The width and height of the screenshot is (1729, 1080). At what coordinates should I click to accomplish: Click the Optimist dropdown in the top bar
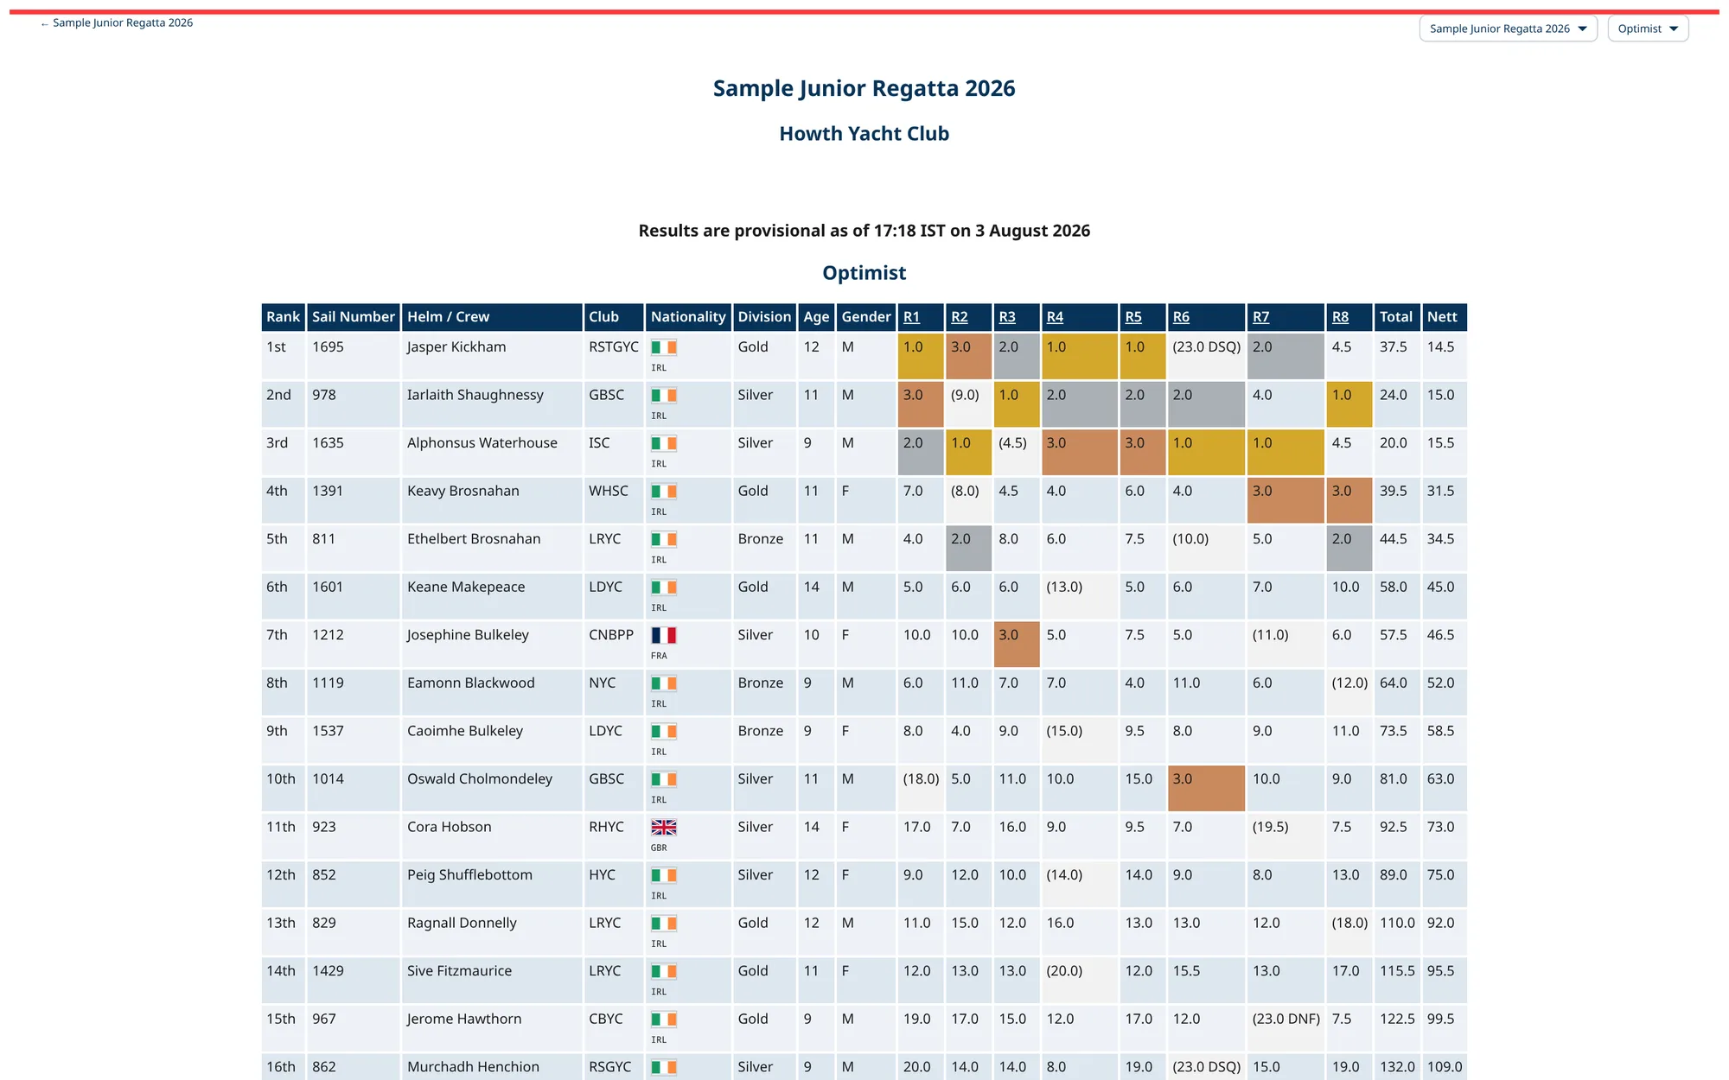1648,29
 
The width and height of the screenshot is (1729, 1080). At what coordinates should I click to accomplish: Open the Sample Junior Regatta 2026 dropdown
1508,29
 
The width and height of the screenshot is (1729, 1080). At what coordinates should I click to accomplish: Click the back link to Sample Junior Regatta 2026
117,23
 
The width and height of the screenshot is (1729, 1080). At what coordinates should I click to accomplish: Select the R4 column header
1055,317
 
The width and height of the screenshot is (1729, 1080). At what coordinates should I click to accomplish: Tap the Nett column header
1442,317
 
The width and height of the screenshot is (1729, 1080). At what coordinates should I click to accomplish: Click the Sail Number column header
354,317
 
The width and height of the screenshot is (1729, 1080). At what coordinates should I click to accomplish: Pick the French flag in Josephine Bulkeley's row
664,635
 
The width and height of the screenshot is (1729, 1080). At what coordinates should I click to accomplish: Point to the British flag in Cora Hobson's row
664,827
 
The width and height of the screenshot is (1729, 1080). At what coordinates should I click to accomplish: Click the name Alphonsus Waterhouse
482,443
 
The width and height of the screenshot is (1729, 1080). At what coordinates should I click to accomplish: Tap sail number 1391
328,491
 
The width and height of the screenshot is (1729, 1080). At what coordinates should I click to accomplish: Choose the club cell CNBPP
611,635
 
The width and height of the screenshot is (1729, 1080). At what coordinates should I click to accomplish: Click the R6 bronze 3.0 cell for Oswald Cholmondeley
1206,788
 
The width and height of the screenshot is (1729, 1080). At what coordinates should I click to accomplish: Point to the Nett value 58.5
1441,731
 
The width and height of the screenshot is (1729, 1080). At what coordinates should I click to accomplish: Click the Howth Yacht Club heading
864,134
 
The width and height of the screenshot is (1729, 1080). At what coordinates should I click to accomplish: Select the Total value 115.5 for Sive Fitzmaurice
1397,971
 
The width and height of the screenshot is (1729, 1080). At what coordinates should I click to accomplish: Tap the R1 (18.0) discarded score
922,778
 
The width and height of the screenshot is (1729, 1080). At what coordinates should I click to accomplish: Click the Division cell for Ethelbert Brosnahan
761,539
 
